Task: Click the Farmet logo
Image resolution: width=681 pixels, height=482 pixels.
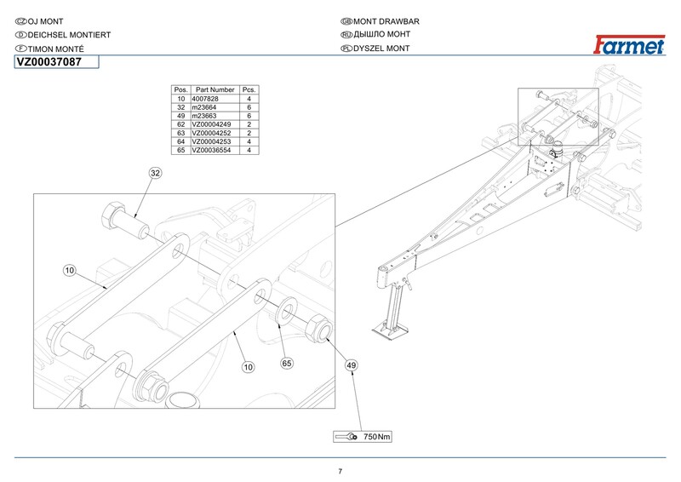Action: point(629,45)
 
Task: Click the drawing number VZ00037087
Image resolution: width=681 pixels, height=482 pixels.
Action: point(49,62)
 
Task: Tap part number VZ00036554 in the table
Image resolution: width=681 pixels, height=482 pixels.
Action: point(211,150)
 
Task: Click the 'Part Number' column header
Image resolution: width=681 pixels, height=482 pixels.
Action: point(215,89)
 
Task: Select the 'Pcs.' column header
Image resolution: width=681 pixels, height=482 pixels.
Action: point(249,89)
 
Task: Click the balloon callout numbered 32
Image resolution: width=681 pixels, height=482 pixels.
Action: point(155,173)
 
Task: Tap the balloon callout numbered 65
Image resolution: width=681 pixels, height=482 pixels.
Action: point(287,364)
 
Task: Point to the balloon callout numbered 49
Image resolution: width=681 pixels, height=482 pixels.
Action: point(352,365)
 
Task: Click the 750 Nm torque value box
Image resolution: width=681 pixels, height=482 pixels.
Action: point(363,436)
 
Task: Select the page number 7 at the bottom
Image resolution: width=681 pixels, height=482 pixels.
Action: point(340,471)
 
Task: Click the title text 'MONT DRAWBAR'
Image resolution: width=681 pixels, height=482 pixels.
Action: point(386,21)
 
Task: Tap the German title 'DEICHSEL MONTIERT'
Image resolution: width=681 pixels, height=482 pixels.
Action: point(69,35)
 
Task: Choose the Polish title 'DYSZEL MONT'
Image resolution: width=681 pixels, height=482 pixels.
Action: point(381,49)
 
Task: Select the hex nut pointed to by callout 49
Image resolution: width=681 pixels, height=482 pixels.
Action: point(318,328)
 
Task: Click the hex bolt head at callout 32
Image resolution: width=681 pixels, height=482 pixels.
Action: point(113,215)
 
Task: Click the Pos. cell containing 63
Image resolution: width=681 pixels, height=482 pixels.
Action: point(181,133)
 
